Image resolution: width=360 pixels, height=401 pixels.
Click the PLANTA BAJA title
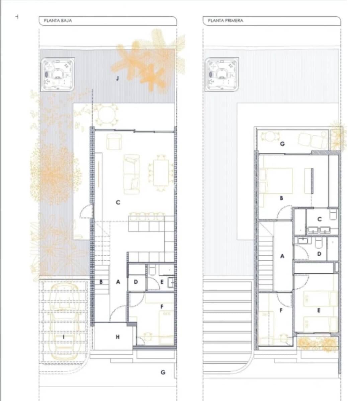[x=58, y=21]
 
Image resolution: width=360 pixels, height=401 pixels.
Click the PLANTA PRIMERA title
[x=226, y=21]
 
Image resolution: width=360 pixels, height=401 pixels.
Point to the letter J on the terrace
[x=117, y=79]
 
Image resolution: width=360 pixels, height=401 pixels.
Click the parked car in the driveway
[x=64, y=321]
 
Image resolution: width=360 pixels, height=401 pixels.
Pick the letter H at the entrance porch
[x=117, y=337]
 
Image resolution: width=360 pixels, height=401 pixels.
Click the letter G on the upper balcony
[x=282, y=144]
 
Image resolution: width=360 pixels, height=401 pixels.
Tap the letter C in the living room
[x=118, y=203]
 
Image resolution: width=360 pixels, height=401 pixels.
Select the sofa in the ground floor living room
[x=131, y=174]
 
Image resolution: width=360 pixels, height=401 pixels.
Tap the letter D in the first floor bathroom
[x=319, y=254]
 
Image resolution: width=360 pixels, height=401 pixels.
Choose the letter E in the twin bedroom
[x=319, y=310]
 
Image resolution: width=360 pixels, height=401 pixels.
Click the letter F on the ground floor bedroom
[x=162, y=306]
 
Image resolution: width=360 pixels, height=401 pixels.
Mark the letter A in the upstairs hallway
[x=282, y=256]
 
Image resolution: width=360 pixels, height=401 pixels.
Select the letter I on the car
[x=64, y=337]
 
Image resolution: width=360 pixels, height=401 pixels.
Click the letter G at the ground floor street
[x=163, y=372]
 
